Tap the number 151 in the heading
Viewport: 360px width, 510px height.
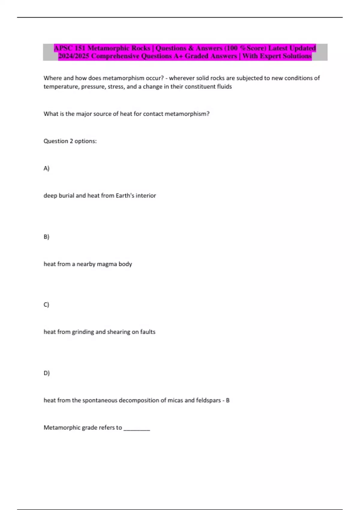point(80,48)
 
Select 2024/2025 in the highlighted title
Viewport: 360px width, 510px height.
point(73,56)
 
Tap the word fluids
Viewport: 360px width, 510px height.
point(224,87)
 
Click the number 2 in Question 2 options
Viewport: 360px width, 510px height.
point(71,141)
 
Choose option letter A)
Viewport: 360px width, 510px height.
point(46,168)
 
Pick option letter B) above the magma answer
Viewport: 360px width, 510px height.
point(46,237)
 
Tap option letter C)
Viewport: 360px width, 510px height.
point(46,305)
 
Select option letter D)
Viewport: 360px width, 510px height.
point(46,373)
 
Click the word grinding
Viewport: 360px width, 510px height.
point(83,332)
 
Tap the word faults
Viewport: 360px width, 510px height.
point(148,332)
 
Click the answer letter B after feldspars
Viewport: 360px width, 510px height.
point(228,400)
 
